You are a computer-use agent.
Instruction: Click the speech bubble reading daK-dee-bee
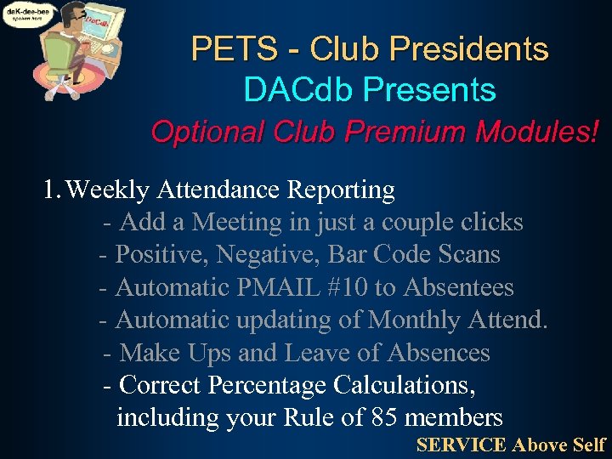(27, 14)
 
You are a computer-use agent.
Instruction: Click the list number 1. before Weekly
(52, 190)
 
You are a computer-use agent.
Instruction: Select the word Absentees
(458, 287)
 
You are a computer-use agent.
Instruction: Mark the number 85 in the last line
(385, 417)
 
